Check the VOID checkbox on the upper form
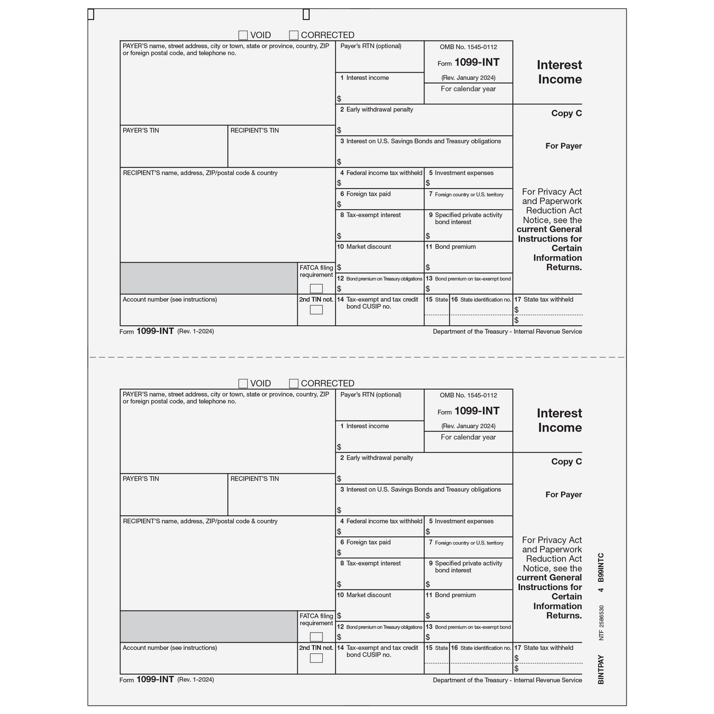click(243, 35)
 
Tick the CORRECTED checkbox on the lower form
click(294, 384)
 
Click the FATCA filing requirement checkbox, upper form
click(316, 288)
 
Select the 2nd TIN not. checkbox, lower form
click(316, 658)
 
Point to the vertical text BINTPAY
click(601, 669)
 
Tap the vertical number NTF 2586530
click(601, 623)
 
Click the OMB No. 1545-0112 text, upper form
click(468, 47)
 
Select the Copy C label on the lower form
click(566, 461)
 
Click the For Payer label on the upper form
click(563, 146)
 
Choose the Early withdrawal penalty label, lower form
click(379, 458)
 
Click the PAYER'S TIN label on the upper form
click(141, 131)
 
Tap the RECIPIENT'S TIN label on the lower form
click(254, 479)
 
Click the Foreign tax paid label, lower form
click(368, 542)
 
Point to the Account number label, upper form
click(170, 300)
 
